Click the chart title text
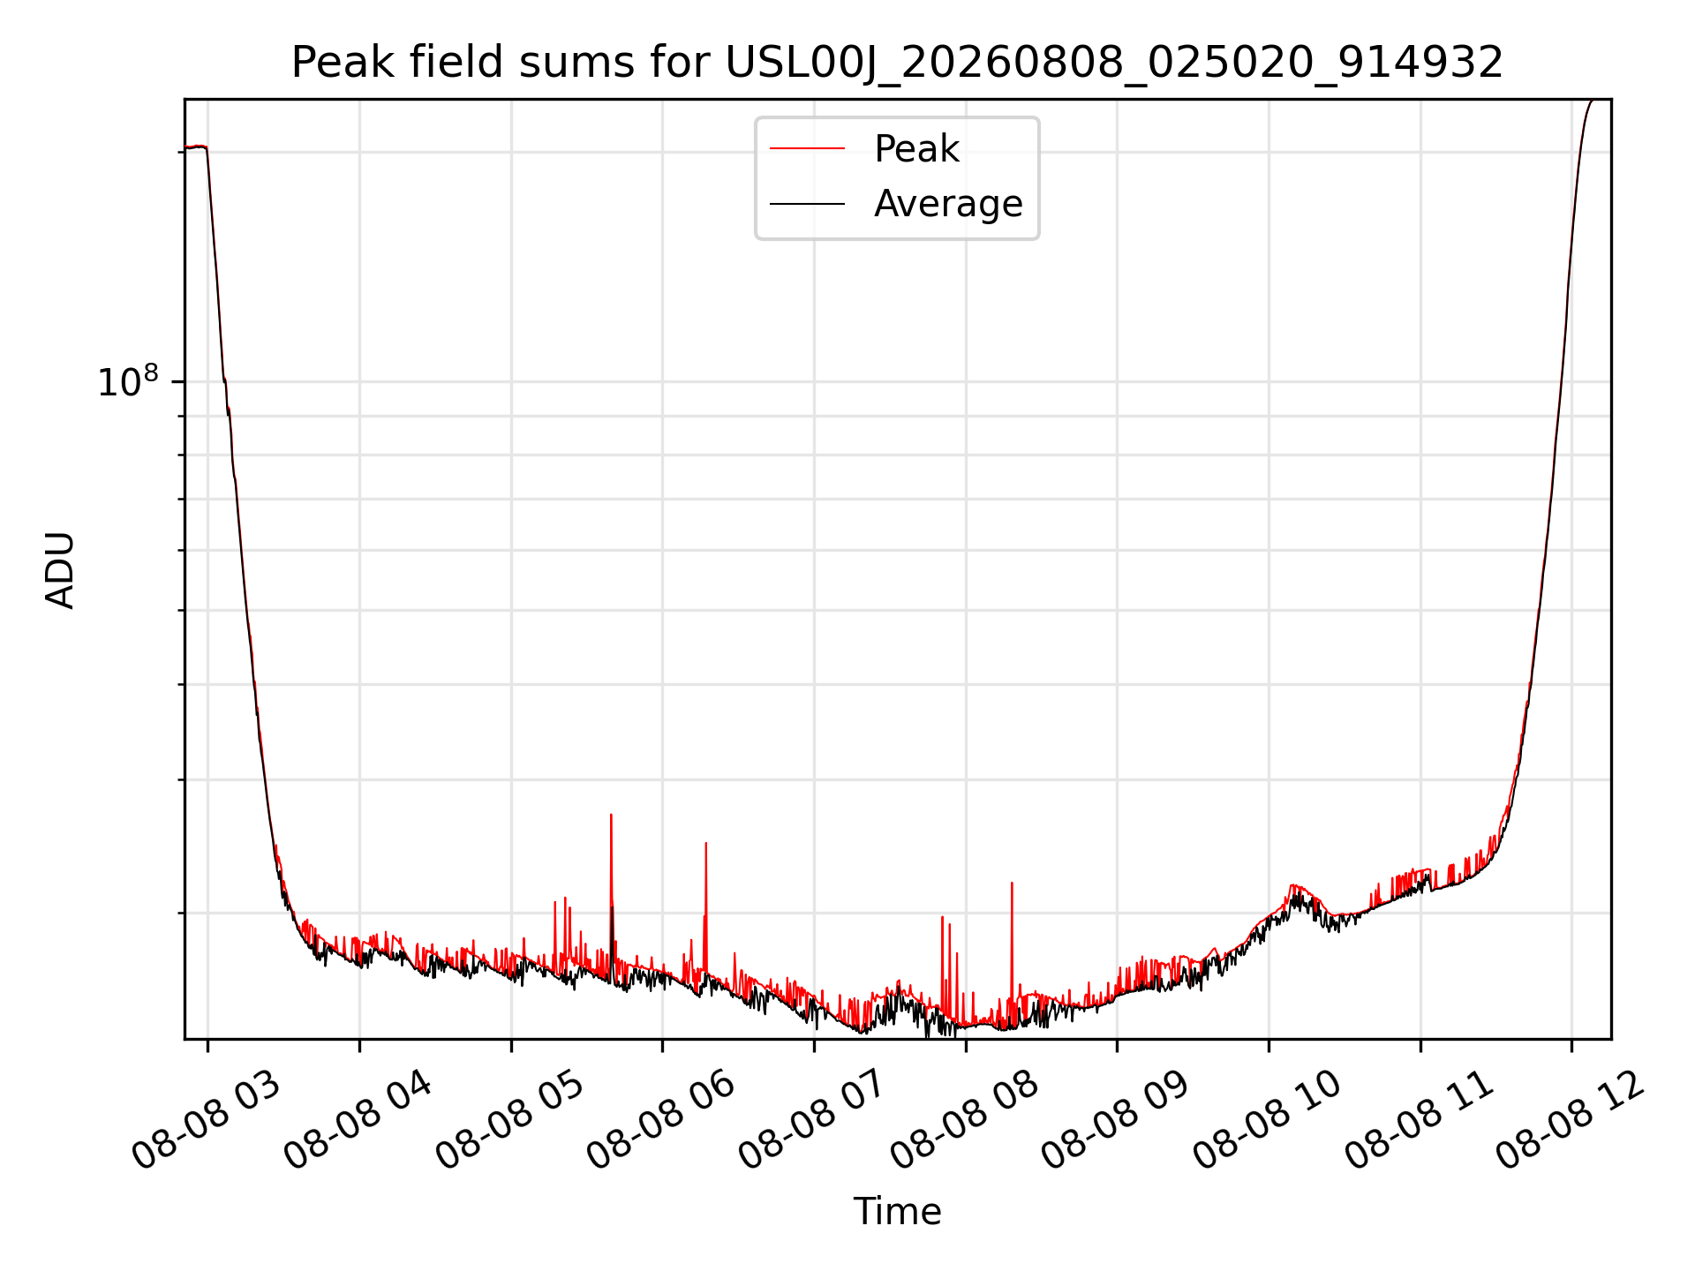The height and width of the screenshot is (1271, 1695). coord(897,63)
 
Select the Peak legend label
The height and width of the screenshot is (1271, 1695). coord(916,148)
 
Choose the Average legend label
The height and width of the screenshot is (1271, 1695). coord(948,204)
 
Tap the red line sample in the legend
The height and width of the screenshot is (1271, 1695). coord(807,148)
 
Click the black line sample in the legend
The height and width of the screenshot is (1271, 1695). coord(807,204)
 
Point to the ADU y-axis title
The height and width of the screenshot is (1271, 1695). coord(60,569)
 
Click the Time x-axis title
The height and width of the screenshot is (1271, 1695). coord(897,1211)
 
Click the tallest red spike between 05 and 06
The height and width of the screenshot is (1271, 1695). coord(611,815)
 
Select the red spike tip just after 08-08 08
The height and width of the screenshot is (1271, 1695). coord(1012,883)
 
